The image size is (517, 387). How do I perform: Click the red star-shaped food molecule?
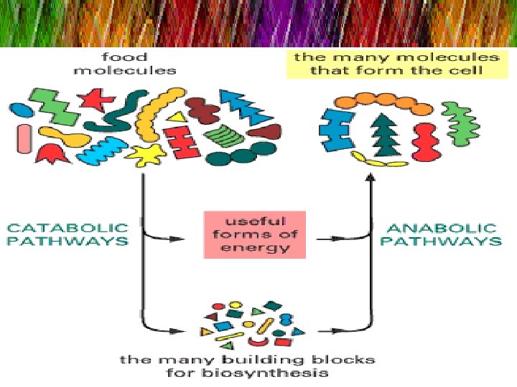(x=96, y=99)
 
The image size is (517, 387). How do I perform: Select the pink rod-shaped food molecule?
(x=24, y=138)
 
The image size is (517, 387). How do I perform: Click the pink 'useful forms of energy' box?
(x=255, y=234)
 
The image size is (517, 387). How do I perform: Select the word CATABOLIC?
(x=68, y=228)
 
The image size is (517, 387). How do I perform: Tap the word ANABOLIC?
(x=441, y=228)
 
